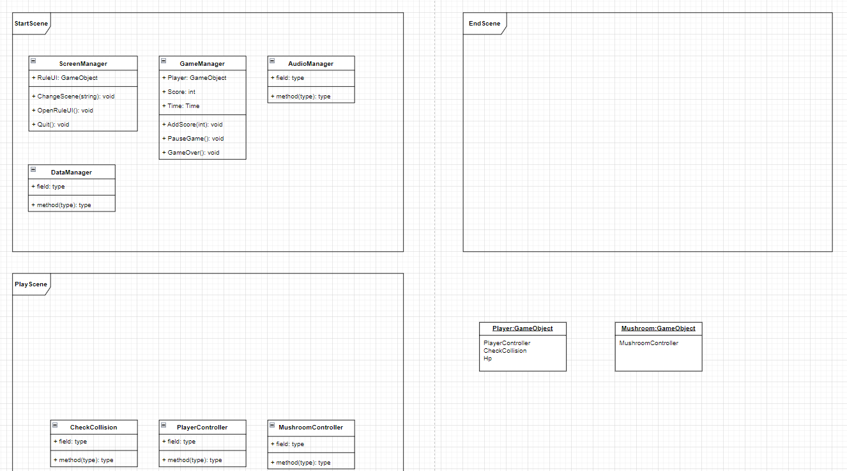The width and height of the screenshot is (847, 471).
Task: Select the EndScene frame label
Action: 484,24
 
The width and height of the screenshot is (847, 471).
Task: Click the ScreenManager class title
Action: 83,64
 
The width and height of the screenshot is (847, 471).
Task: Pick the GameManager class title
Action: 202,64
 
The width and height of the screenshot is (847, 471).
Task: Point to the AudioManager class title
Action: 310,64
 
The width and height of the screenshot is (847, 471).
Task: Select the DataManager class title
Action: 72,173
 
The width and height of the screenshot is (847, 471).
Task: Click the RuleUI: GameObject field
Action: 65,78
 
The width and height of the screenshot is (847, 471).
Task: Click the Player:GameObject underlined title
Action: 523,328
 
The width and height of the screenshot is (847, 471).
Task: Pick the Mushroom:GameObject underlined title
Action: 658,328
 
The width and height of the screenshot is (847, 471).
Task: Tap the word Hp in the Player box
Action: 487,359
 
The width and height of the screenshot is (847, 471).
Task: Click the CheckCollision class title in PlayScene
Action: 93,428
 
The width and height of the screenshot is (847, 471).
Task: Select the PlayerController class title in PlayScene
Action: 202,428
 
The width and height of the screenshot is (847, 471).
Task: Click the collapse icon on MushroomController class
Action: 272,426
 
